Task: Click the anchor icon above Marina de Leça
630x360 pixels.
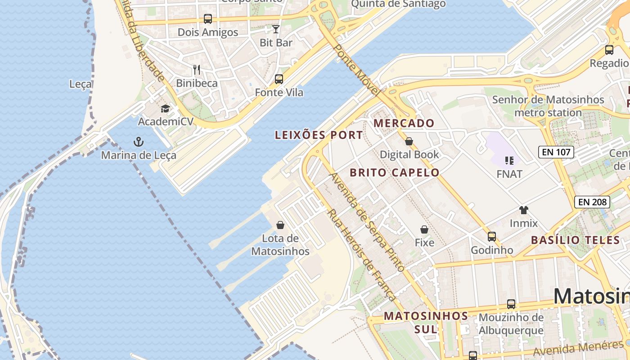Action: tap(139, 142)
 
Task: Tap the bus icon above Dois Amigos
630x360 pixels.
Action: tap(207, 19)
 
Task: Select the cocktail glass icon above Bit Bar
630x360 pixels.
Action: tap(276, 29)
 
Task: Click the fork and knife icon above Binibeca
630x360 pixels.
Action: tap(197, 69)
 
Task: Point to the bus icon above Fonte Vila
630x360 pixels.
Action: tap(279, 79)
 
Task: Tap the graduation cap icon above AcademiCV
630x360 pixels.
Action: tap(165, 108)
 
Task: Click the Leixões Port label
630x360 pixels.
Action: tap(319, 135)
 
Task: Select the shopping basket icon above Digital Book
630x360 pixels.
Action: tap(409, 141)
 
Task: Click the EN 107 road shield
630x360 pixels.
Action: tap(556, 152)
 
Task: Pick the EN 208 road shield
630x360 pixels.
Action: tap(592, 202)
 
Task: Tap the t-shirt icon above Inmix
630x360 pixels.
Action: tap(523, 210)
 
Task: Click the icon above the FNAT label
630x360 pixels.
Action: tap(509, 160)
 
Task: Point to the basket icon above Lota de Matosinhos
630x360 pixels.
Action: tap(280, 225)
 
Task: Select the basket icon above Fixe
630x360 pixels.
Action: tap(424, 229)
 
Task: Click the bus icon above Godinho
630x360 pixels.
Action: tap(492, 236)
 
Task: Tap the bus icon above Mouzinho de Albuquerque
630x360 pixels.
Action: tap(511, 304)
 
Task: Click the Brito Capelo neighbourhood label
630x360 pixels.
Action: tap(394, 172)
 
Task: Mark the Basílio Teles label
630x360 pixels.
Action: tap(576, 240)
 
